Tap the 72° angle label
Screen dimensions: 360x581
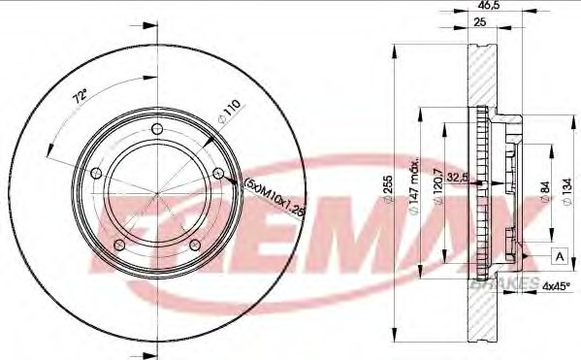tap(81, 96)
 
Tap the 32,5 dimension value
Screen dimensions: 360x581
tap(462, 177)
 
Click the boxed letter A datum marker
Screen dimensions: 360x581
tap(560, 255)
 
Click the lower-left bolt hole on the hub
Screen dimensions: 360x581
tap(118, 243)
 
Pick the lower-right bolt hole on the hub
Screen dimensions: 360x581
tap(194, 245)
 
